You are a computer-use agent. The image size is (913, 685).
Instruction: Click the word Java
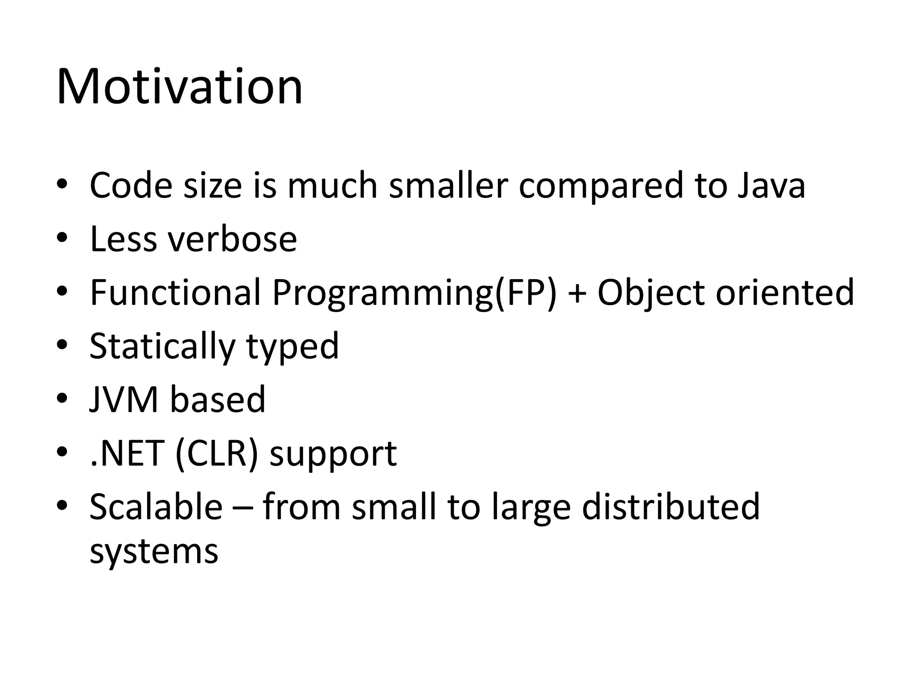[771, 186]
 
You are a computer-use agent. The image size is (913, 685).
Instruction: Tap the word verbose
[232, 239]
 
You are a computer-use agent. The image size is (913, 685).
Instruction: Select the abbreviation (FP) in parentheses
[526, 293]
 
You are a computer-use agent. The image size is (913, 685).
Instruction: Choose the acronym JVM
[124, 400]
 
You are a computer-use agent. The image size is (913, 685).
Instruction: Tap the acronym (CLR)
[217, 454]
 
